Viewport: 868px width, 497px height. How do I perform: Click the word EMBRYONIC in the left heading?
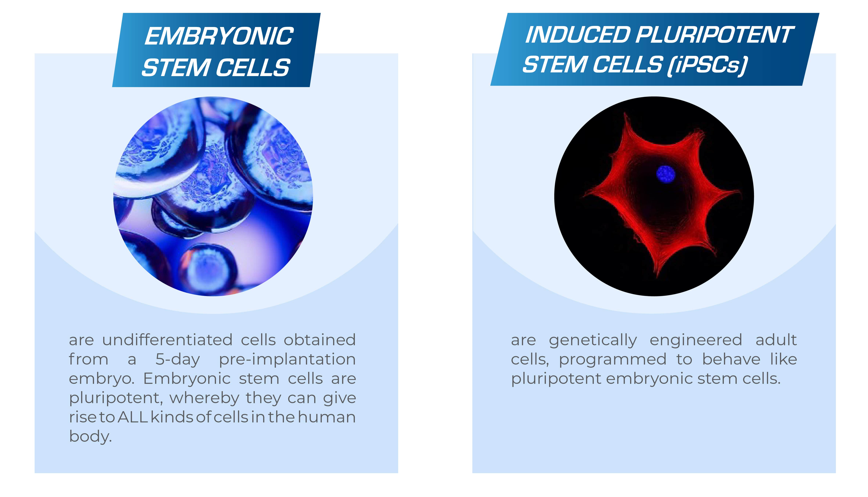pos(219,36)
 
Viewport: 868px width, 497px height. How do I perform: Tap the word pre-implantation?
pos(287,359)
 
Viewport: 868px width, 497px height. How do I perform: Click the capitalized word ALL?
pos(133,417)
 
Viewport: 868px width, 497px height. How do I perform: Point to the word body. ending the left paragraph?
pos(90,437)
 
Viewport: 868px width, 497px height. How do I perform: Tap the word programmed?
pos(613,359)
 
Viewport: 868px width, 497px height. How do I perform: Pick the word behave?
pos(731,359)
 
